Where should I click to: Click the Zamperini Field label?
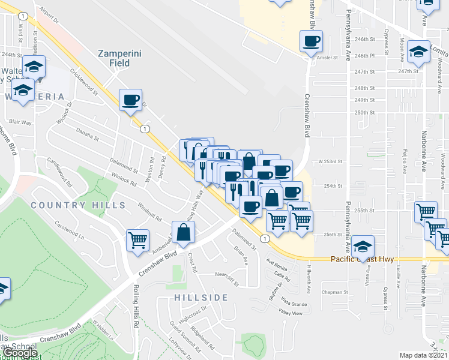pyautogui.click(x=119, y=58)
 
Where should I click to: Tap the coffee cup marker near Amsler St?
pyautogui.click(x=311, y=41)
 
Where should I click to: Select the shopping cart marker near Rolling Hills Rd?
pyautogui.click(x=137, y=240)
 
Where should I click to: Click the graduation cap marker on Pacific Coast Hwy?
pyautogui.click(x=362, y=246)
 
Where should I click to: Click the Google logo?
pyautogui.click(x=19, y=353)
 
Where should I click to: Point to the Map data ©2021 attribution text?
pyautogui.click(x=423, y=355)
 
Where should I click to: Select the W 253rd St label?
pyautogui.click(x=330, y=161)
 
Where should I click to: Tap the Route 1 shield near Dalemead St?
pyautogui.click(x=264, y=238)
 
